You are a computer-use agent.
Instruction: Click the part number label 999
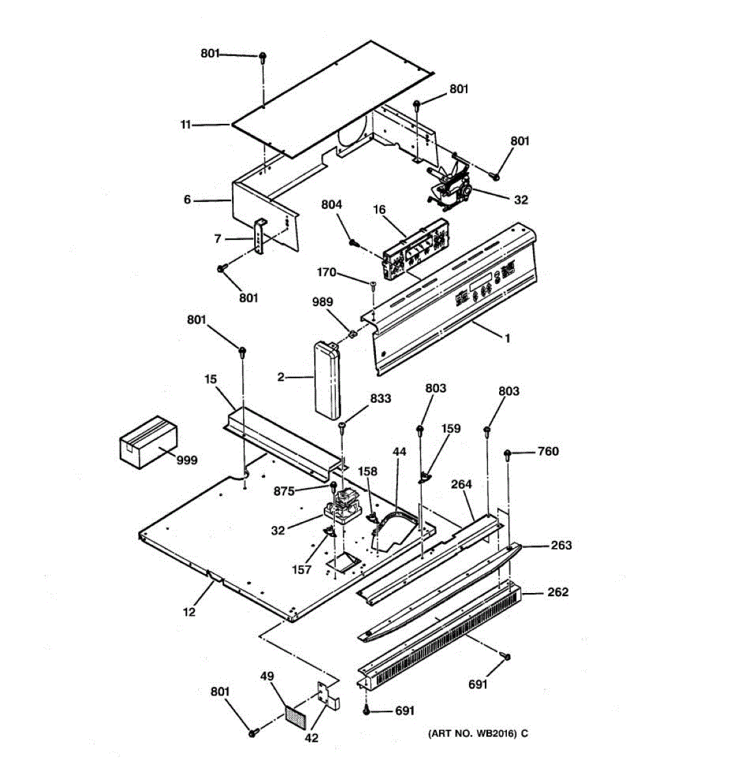187,460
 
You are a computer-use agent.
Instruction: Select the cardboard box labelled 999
148,441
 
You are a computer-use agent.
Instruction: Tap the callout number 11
186,124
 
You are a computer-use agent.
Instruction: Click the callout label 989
322,302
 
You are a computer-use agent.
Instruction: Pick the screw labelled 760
509,454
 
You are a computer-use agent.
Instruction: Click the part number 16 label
379,209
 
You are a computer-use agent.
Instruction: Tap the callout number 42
312,739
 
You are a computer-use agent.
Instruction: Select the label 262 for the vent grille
557,592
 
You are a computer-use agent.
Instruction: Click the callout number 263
561,545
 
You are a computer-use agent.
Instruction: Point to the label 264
461,484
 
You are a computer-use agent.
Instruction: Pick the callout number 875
284,491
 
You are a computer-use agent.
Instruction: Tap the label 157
301,570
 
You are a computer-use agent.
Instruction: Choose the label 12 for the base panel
189,611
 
